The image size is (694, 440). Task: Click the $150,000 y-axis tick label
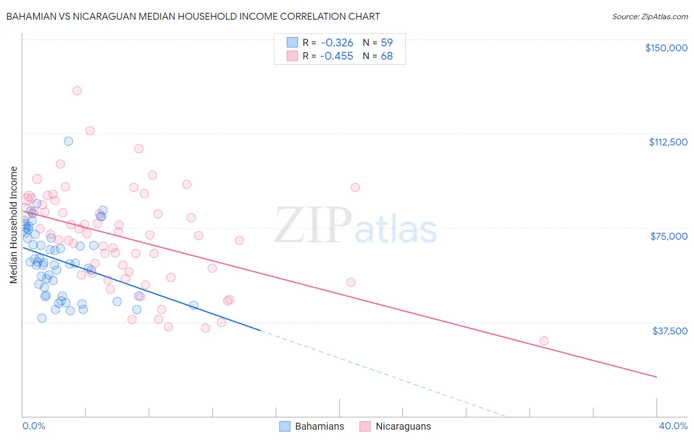tap(666, 48)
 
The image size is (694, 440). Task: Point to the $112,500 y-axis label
tap(668, 142)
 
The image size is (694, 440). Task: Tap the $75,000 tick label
tap(669, 236)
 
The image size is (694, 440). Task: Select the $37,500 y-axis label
tap(670, 331)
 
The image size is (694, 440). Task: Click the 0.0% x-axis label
tap(34, 426)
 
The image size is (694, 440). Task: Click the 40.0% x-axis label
tap(673, 426)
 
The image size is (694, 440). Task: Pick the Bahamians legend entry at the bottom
tap(312, 426)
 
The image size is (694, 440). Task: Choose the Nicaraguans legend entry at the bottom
tap(395, 426)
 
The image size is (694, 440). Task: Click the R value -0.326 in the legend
tap(336, 42)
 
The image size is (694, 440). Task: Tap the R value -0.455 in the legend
tap(336, 56)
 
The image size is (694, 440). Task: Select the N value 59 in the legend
tap(386, 42)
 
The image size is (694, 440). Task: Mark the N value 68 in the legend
tap(386, 56)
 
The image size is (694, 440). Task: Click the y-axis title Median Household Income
tap(14, 225)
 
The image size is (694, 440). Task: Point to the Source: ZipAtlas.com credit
tap(650, 17)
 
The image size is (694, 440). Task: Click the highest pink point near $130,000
tap(77, 91)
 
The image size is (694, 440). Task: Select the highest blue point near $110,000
tap(69, 141)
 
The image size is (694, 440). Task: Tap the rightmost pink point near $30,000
tap(544, 341)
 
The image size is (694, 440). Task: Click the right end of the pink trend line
tap(656, 377)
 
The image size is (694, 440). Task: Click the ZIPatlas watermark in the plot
tap(355, 225)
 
